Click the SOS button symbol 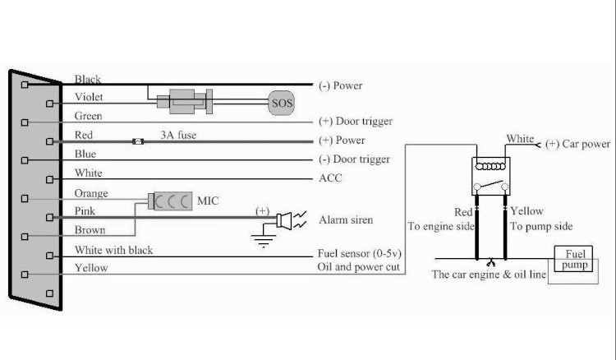point(281,103)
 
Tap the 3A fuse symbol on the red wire point(138,141)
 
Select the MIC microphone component point(170,201)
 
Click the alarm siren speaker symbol point(284,220)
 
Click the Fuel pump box point(573,259)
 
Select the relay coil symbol point(490,166)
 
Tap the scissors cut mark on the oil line point(490,262)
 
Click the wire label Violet point(89,97)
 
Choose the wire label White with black point(113,250)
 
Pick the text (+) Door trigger point(356,121)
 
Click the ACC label point(330,178)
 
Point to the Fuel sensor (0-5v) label point(360,253)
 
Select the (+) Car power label point(578,144)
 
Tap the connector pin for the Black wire point(25,85)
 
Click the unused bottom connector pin point(49,293)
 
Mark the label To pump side point(541,226)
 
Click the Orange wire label point(91,193)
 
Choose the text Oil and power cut point(358,267)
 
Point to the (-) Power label point(341,85)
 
